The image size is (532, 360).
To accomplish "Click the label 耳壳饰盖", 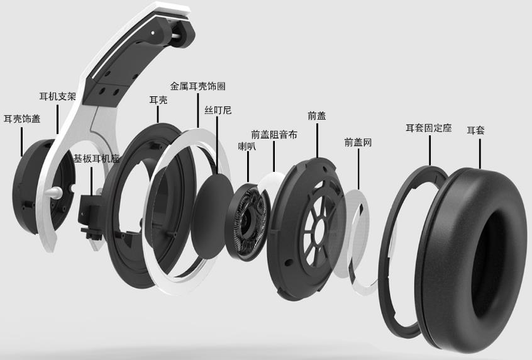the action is [22, 118].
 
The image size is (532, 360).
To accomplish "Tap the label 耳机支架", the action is [58, 96].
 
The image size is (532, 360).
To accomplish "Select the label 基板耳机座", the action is [97, 158].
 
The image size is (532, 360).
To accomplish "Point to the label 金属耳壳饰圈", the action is [198, 86].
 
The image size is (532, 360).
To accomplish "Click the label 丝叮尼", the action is [218, 110].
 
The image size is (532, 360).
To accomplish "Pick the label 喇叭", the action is [247, 147].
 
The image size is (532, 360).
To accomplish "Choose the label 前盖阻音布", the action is [274, 135].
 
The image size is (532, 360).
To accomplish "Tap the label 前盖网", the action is [358, 142].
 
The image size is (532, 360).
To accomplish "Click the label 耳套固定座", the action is [429, 128].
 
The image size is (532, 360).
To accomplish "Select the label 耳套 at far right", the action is [475, 130].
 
